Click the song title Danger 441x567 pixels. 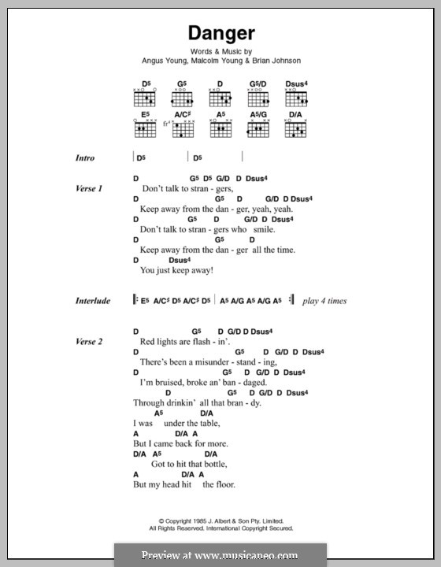tap(220, 35)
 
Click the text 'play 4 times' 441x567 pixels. tap(324, 301)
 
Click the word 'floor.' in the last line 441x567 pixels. tap(223, 485)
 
